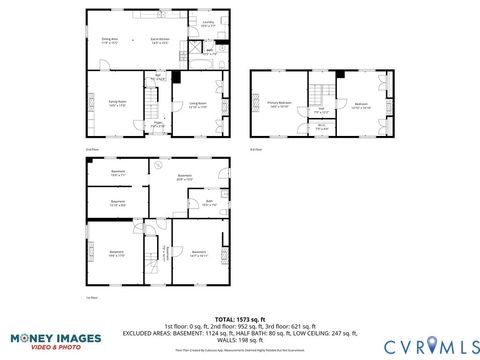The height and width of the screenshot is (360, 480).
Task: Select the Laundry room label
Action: [x=208, y=21]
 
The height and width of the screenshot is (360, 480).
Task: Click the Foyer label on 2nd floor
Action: [x=157, y=126]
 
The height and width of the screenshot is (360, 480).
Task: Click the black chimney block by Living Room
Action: [x=176, y=76]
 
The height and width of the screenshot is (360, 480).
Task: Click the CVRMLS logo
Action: [x=418, y=345]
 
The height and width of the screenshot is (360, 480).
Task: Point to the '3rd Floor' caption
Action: [x=256, y=149]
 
